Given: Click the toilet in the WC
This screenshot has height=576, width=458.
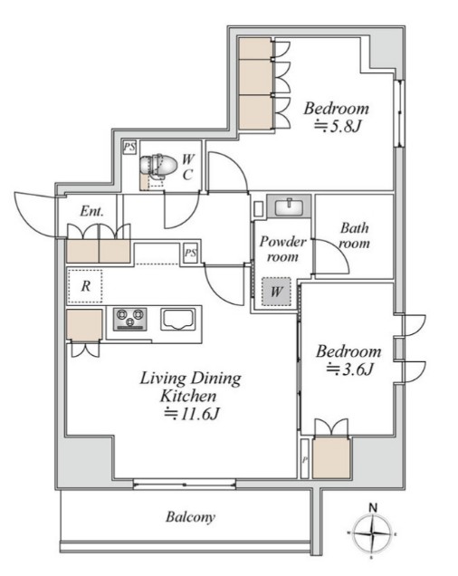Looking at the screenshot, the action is tap(157, 167).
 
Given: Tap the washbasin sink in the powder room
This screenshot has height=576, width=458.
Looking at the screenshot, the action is tap(289, 206).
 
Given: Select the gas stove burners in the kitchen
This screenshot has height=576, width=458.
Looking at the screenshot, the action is tap(129, 319).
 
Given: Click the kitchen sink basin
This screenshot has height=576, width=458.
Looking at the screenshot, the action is tap(177, 320).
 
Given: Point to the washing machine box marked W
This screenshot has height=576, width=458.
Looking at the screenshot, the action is tap(276, 292).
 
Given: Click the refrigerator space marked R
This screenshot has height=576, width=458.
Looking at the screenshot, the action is tap(85, 286).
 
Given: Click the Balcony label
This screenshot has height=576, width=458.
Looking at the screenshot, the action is tap(190, 517).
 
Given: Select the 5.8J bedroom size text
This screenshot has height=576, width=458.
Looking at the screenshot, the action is tap(338, 127).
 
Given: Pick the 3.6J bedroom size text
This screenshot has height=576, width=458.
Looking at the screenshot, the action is tap(350, 369).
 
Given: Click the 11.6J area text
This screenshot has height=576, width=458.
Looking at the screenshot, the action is tap(191, 414).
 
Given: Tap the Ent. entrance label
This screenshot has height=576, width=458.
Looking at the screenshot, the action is tap(91, 211).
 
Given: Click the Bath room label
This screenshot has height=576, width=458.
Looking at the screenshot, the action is tap(354, 235).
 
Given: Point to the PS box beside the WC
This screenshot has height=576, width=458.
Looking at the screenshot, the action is tap(129, 148).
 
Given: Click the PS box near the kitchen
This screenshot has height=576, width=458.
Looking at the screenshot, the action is tap(190, 253).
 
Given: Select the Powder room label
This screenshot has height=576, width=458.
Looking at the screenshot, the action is tap(282, 249).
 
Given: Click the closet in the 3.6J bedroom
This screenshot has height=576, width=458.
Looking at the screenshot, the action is tap(331, 457).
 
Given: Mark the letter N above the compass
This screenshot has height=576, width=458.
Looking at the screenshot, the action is tap(373, 508).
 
